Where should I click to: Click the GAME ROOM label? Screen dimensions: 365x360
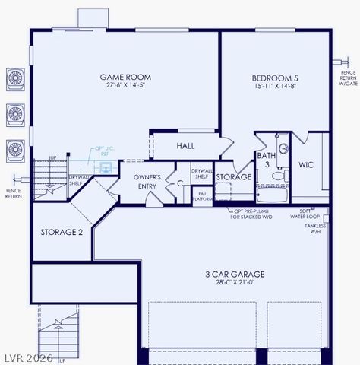click(125, 77)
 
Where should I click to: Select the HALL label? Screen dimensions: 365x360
click(185, 145)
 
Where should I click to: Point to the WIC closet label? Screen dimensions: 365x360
click(306, 164)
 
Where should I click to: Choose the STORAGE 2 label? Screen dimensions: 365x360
click(62, 232)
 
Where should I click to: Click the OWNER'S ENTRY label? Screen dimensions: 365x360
click(147, 181)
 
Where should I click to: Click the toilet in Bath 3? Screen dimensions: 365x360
click(278, 176)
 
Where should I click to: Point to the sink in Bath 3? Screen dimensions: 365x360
click(283, 148)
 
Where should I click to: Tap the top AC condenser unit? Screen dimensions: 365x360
click(15, 78)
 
